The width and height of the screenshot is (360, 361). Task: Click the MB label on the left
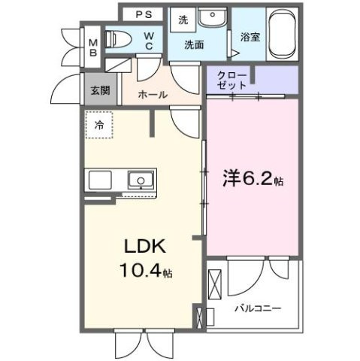click(x=93, y=47)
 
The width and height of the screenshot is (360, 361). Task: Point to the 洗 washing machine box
click(x=183, y=21)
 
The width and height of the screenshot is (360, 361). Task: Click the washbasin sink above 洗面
click(x=214, y=17)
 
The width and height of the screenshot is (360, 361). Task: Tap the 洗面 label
click(x=195, y=44)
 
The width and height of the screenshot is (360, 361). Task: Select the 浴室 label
click(x=250, y=36)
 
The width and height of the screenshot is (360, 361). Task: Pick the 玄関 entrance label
click(x=99, y=89)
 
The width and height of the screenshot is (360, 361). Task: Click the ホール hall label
click(x=153, y=95)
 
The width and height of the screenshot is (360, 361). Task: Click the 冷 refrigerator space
click(x=98, y=126)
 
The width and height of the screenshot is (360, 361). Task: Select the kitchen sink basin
click(x=140, y=180)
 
